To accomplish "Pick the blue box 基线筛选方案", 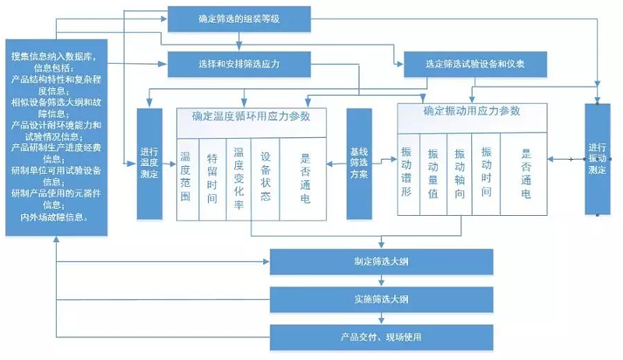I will [359, 164].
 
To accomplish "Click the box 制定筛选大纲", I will [382, 262].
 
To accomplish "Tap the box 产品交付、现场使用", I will [382, 337].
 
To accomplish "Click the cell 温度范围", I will [186, 177].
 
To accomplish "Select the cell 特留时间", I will [212, 177].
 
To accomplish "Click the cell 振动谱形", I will [407, 171].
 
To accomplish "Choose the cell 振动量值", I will [433, 171].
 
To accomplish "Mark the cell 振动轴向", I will [459, 171].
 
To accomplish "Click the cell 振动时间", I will [486, 171].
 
